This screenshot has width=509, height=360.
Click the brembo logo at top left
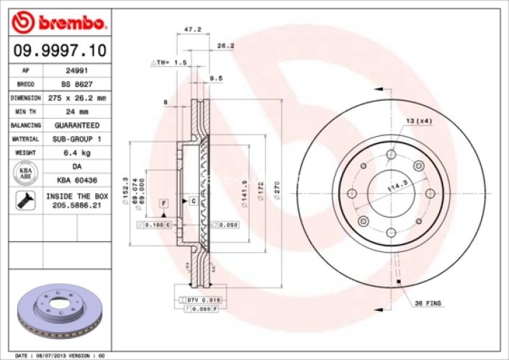coord(59,23)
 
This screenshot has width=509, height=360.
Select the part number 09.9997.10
coord(60,50)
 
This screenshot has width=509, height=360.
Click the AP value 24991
coord(77,71)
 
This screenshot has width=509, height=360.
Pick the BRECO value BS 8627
coord(77,84)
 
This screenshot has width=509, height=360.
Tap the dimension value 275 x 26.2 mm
coord(78,97)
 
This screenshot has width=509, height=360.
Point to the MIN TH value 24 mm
coord(77,111)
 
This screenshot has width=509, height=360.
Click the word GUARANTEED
coord(77,125)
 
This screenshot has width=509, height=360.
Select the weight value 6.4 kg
coord(77,152)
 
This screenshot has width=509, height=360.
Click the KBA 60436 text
coord(77,179)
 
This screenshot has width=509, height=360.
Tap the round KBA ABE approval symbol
coord(25,173)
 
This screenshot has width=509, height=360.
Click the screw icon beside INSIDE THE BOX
coord(25,201)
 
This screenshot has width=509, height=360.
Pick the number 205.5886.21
coord(77,206)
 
